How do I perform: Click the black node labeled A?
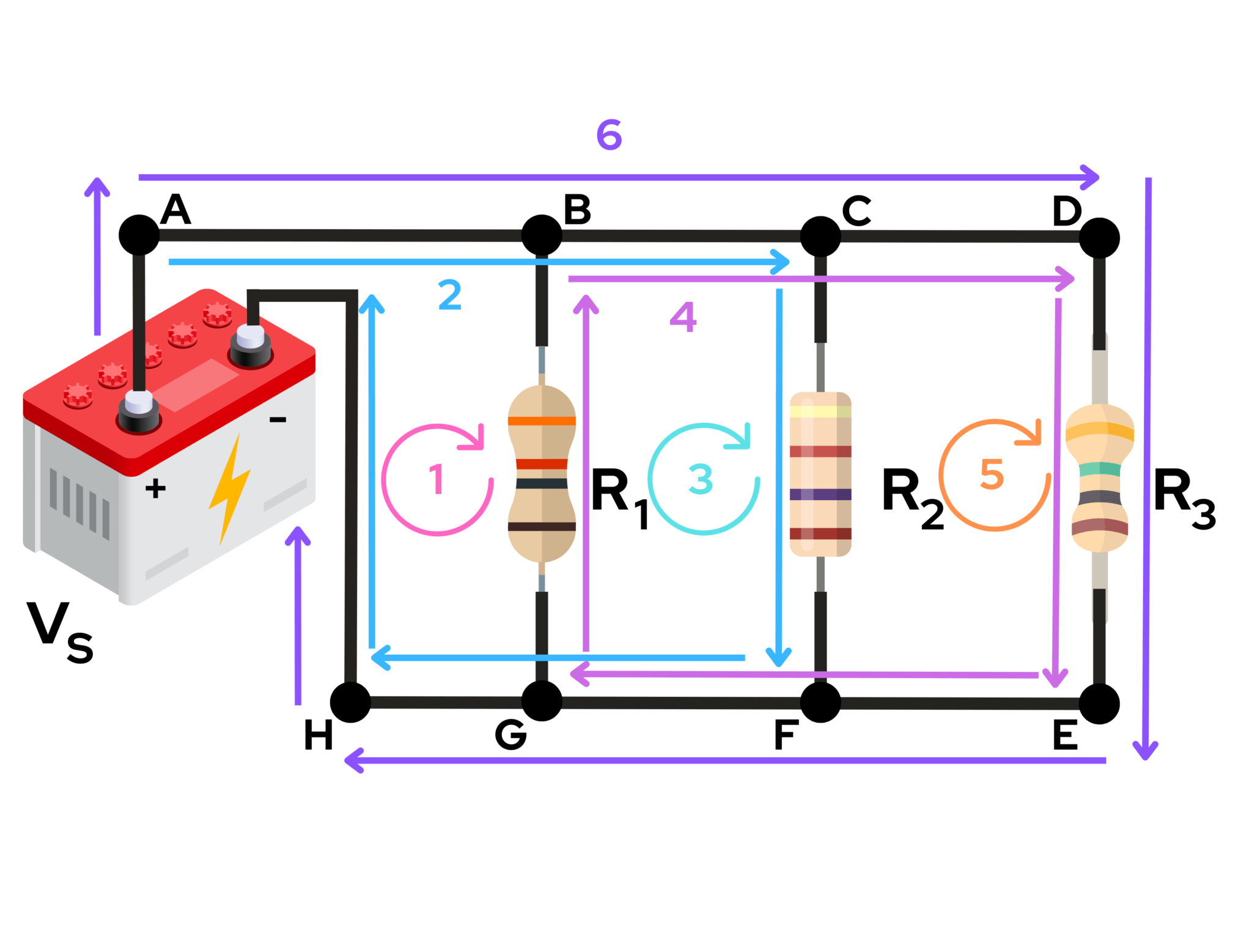(139, 235)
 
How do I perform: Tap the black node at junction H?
(350, 702)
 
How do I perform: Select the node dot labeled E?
(1099, 704)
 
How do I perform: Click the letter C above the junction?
(856, 211)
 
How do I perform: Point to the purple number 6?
(609, 135)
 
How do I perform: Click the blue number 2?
(450, 295)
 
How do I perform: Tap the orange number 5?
(992, 474)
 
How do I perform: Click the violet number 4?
(683, 317)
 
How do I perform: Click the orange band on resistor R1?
(542, 421)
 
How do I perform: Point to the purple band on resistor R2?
(820, 494)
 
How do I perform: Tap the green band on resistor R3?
(1099, 469)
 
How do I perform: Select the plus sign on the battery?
(155, 488)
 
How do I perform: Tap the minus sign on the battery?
(278, 419)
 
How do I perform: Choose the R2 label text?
(911, 496)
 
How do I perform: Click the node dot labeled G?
(542, 701)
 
